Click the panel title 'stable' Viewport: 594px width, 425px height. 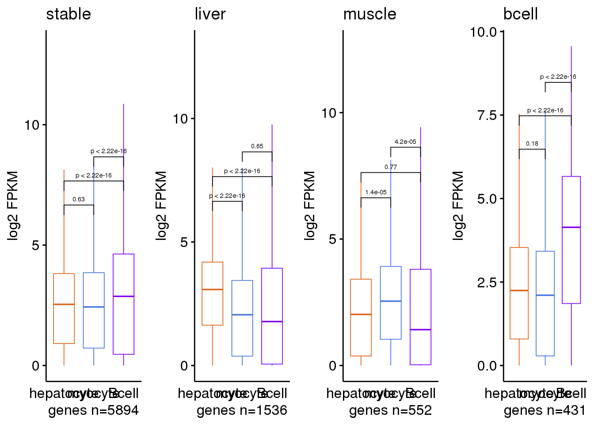tap(69, 14)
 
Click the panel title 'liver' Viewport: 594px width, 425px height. tap(210, 14)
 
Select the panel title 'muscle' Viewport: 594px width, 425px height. tap(369, 14)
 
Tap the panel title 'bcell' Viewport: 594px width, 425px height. tap(520, 14)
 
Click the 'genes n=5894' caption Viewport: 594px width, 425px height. tap(93, 410)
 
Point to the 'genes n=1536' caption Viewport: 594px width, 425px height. tap(242, 410)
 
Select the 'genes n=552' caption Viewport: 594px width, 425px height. tap(390, 410)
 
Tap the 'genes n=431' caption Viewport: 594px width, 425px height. tap(544, 410)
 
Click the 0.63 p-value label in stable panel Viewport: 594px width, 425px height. tap(79, 199)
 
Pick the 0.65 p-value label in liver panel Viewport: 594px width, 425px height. tap(257, 146)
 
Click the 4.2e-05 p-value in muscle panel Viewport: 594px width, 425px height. tap(405, 142)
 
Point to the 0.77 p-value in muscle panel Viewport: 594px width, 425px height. tap(391, 167)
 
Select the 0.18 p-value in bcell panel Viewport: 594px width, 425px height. tap(532, 143)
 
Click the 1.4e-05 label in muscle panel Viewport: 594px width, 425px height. tap(376, 192)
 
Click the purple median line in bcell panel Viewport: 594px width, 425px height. tap(571, 227)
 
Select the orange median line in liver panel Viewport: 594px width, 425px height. tap(212, 289)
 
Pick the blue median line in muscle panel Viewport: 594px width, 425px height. tap(391, 301)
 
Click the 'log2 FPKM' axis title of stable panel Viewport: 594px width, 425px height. tap(13, 205)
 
